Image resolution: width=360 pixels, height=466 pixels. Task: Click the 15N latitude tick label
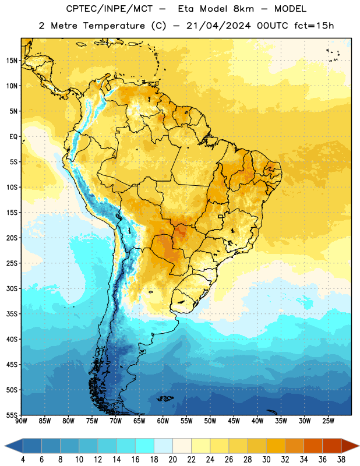coord(12,61)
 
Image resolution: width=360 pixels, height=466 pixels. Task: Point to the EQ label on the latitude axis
coord(13,137)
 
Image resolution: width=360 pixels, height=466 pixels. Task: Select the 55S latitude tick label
coord(12,415)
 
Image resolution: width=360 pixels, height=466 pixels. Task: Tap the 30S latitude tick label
coord(12,288)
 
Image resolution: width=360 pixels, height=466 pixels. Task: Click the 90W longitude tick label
coord(21,421)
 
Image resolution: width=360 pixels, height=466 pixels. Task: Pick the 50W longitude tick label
coord(210,421)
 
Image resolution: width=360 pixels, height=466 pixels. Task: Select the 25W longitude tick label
coord(328,421)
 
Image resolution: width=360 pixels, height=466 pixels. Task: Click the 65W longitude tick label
coord(139,421)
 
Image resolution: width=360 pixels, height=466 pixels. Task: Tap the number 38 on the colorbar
coord(341,460)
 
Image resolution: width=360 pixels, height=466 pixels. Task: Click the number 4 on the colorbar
coord(23,460)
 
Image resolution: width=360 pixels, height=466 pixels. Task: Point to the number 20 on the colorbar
coord(172,460)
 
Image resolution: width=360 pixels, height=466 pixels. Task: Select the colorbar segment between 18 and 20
coord(164,446)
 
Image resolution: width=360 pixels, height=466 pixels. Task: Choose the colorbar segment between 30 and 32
coord(276,446)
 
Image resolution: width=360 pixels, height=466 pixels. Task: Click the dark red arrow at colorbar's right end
coord(350,446)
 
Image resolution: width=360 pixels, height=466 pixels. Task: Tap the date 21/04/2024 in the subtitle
coord(218,26)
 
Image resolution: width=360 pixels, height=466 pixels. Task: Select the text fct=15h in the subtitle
coord(314,26)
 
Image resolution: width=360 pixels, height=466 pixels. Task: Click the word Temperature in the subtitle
coord(114,26)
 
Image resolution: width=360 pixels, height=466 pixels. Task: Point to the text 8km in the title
coord(243,9)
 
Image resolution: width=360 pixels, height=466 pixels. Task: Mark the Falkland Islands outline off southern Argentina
coord(165,398)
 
